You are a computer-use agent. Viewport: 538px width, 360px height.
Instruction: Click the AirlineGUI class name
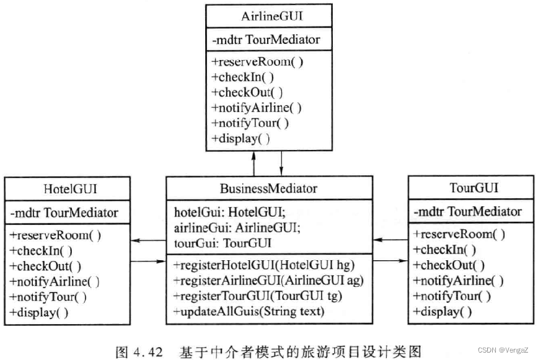point(268,16)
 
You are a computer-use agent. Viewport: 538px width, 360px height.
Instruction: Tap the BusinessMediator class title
point(268,188)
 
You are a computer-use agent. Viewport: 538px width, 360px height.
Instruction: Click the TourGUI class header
point(473,188)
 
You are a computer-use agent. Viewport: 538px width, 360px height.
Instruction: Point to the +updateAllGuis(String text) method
point(249,311)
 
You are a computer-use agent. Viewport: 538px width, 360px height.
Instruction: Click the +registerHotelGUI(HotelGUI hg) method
point(263,265)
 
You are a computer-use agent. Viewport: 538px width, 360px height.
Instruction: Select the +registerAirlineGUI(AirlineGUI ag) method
point(268,281)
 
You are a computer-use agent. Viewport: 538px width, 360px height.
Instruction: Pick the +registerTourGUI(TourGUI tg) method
point(258,296)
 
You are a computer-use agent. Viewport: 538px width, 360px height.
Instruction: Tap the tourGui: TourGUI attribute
point(214,242)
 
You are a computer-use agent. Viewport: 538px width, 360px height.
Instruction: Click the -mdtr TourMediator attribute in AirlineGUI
point(266,40)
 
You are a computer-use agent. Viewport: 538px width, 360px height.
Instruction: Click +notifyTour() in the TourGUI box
point(452,296)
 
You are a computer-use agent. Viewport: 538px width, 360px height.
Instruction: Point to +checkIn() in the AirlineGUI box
point(242,77)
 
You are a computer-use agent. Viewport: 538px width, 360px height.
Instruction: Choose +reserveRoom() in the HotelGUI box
point(56,235)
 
